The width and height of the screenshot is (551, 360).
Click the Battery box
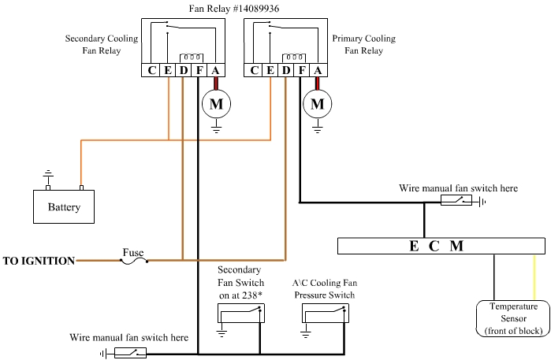click(64, 206)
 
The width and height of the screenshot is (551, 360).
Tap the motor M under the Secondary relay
click(215, 103)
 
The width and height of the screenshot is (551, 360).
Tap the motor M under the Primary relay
click(318, 103)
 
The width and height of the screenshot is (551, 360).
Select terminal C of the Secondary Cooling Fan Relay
click(152, 71)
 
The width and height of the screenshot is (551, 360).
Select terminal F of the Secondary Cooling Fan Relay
click(199, 71)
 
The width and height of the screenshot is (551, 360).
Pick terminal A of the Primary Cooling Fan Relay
click(317, 71)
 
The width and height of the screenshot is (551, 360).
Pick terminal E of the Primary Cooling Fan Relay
click(270, 71)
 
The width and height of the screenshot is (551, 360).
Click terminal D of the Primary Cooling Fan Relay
click(285, 71)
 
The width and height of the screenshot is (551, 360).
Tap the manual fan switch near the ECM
click(456, 202)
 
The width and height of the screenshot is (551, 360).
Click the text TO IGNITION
click(39, 261)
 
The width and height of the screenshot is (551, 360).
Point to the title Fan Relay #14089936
click(227, 9)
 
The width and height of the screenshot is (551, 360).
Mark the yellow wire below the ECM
click(536, 276)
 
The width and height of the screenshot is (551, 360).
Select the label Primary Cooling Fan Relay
click(363, 44)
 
